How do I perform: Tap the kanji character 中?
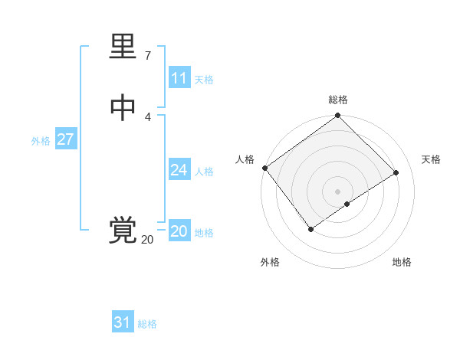click(x=123, y=108)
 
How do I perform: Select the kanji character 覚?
click(x=123, y=231)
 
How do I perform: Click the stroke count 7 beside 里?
click(x=148, y=56)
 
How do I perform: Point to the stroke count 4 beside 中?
click(x=148, y=116)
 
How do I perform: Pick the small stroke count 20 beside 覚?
click(x=147, y=240)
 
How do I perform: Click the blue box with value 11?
click(x=179, y=78)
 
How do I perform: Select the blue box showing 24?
click(x=179, y=170)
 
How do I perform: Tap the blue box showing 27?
click(x=65, y=139)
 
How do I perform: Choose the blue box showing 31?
click(x=122, y=322)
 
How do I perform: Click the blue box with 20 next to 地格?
click(x=179, y=231)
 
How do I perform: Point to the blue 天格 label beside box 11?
click(x=204, y=80)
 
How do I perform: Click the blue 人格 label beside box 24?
click(x=204, y=172)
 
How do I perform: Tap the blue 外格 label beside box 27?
click(x=41, y=141)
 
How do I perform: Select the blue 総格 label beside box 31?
click(x=147, y=324)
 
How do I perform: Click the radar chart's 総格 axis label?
click(x=338, y=100)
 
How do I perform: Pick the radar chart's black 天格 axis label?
click(x=431, y=159)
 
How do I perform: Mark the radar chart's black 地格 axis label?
click(x=402, y=263)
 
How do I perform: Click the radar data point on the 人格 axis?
click(x=264, y=168)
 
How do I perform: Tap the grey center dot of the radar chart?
click(x=338, y=191)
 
